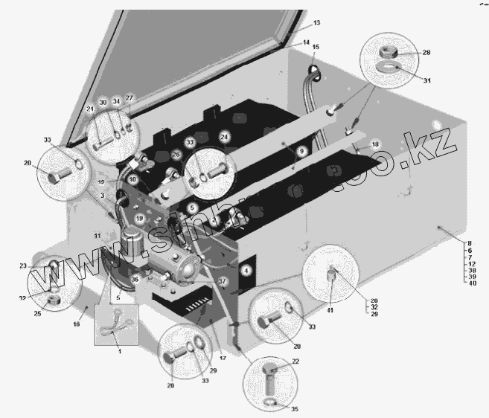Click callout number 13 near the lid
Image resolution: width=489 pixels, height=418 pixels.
(x=316, y=24)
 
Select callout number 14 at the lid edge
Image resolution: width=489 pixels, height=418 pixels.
(x=307, y=43)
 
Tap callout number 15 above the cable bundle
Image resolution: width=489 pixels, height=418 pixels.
(x=315, y=47)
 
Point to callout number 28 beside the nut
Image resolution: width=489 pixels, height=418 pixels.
(x=426, y=52)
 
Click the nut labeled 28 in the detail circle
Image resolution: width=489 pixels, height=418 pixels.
(x=388, y=53)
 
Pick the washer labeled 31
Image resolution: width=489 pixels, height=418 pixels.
(x=387, y=70)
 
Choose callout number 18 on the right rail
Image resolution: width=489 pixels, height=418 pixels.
(x=375, y=144)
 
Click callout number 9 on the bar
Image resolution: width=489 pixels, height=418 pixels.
(x=301, y=151)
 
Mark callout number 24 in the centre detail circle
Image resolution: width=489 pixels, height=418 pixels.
(x=224, y=137)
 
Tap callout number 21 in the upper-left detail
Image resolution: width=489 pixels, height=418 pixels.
(x=89, y=110)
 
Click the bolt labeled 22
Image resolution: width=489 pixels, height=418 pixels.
(x=270, y=370)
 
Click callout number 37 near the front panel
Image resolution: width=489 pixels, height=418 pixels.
(x=222, y=281)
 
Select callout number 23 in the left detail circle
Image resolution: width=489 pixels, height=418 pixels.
(x=23, y=266)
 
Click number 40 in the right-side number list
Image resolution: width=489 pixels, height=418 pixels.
(x=471, y=284)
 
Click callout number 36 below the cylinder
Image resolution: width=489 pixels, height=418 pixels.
(x=135, y=280)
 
